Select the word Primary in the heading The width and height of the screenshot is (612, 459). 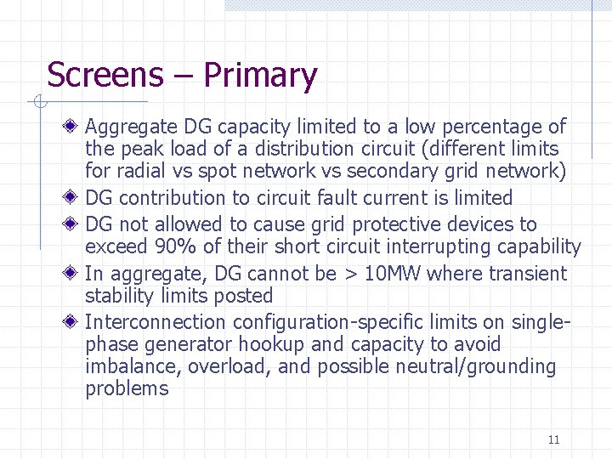pyautogui.click(x=260, y=76)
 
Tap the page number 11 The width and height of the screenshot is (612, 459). pyautogui.click(x=553, y=439)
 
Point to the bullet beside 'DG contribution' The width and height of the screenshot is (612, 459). pyautogui.click(x=75, y=198)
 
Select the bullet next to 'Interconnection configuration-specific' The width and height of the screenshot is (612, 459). pyautogui.click(x=75, y=322)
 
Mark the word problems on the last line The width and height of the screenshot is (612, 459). pyautogui.click(x=127, y=389)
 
